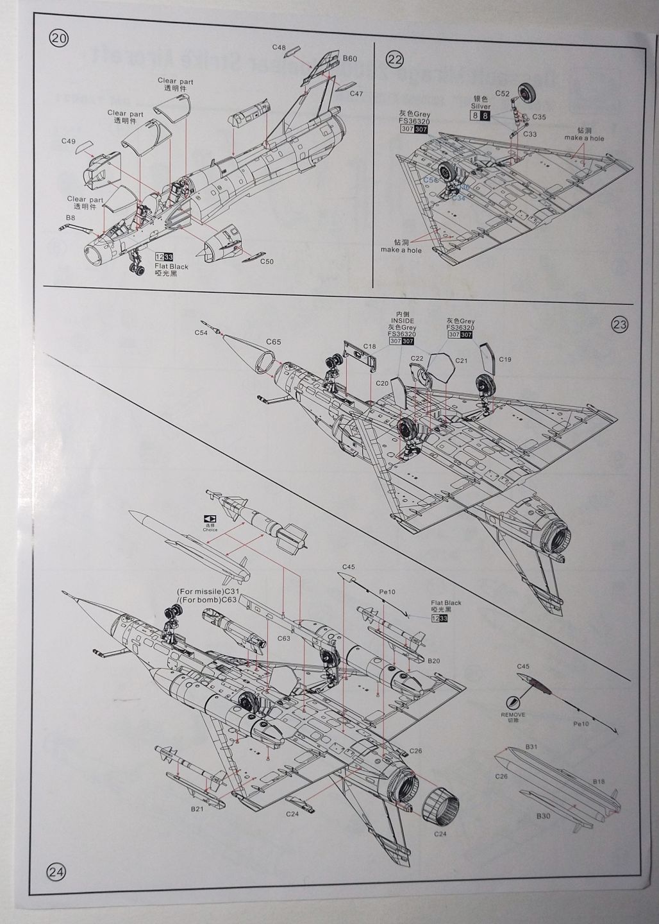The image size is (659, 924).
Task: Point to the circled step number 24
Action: point(56,871)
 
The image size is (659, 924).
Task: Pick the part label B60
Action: point(349,58)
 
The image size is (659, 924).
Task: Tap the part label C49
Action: point(69,141)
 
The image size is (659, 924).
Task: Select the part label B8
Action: point(70,218)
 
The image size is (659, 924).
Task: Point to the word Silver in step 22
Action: point(480,106)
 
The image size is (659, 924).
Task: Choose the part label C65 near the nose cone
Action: point(272,342)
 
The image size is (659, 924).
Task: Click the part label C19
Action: point(505,359)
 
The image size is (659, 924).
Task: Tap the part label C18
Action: point(369,346)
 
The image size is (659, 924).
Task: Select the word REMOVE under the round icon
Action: point(513,714)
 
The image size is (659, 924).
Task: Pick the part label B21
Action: point(197,809)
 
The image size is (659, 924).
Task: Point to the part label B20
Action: point(433,660)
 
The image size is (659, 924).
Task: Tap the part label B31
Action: point(531,746)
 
